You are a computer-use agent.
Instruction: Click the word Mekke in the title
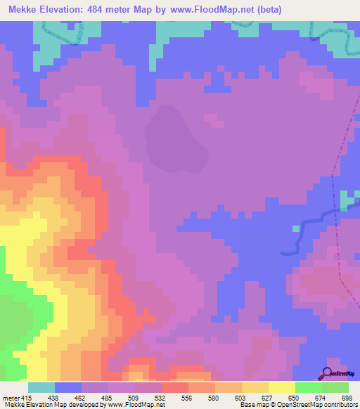coord(25,11)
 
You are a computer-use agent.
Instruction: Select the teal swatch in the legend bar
coord(41,387)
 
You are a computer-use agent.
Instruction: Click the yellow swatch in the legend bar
coord(282,387)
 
